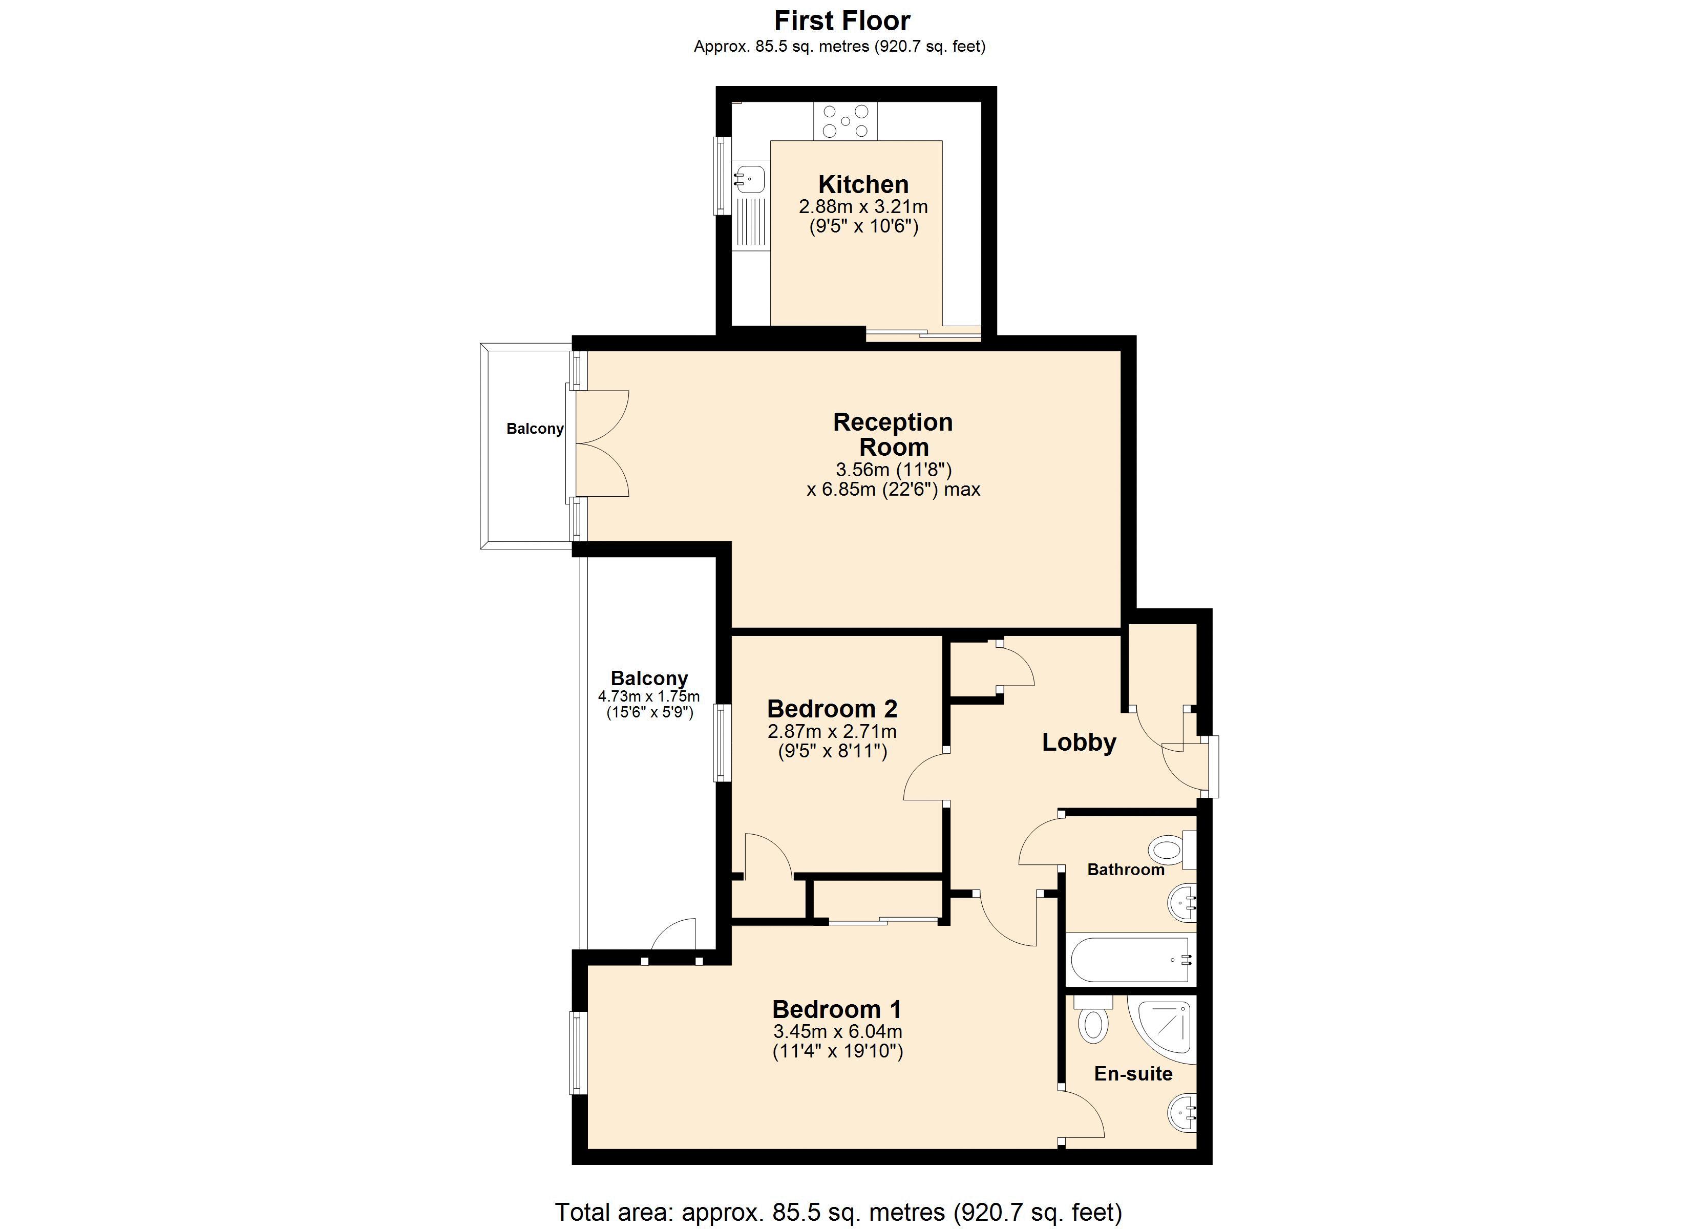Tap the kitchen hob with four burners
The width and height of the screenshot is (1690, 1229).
click(x=845, y=121)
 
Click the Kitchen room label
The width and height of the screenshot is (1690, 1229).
click(x=863, y=184)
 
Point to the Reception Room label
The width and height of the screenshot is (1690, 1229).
click(x=893, y=435)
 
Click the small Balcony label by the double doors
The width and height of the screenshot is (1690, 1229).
click(x=534, y=429)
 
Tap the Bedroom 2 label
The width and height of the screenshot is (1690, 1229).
click(x=832, y=708)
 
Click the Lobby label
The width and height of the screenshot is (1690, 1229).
click(x=1078, y=743)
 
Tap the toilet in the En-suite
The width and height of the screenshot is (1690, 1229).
click(x=1093, y=1023)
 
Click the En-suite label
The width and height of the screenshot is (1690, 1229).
click(x=1133, y=1074)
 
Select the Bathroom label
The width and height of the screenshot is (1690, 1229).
click(x=1125, y=870)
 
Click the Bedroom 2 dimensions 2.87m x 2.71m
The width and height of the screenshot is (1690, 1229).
click(x=832, y=731)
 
